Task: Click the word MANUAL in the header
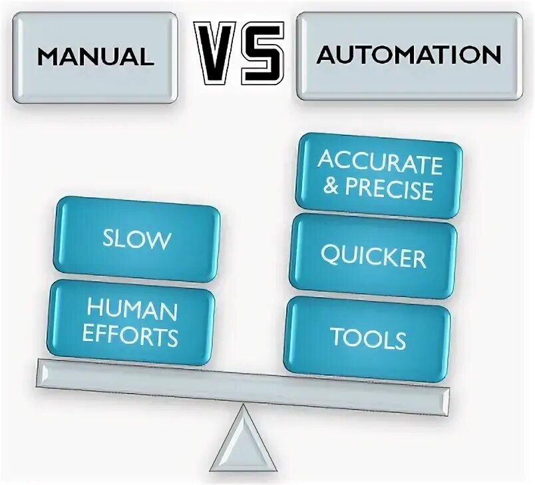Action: click(x=94, y=57)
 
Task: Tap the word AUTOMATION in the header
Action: click(x=409, y=55)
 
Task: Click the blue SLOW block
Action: click(x=136, y=239)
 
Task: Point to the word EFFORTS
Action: click(x=132, y=336)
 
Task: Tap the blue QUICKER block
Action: click(x=373, y=256)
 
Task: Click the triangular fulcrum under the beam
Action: click(x=240, y=444)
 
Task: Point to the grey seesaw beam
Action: click(x=240, y=387)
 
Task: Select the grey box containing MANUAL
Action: click(x=94, y=57)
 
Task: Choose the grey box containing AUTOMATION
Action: click(x=409, y=55)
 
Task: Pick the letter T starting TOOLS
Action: click(x=338, y=338)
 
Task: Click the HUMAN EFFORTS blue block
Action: click(x=132, y=323)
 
